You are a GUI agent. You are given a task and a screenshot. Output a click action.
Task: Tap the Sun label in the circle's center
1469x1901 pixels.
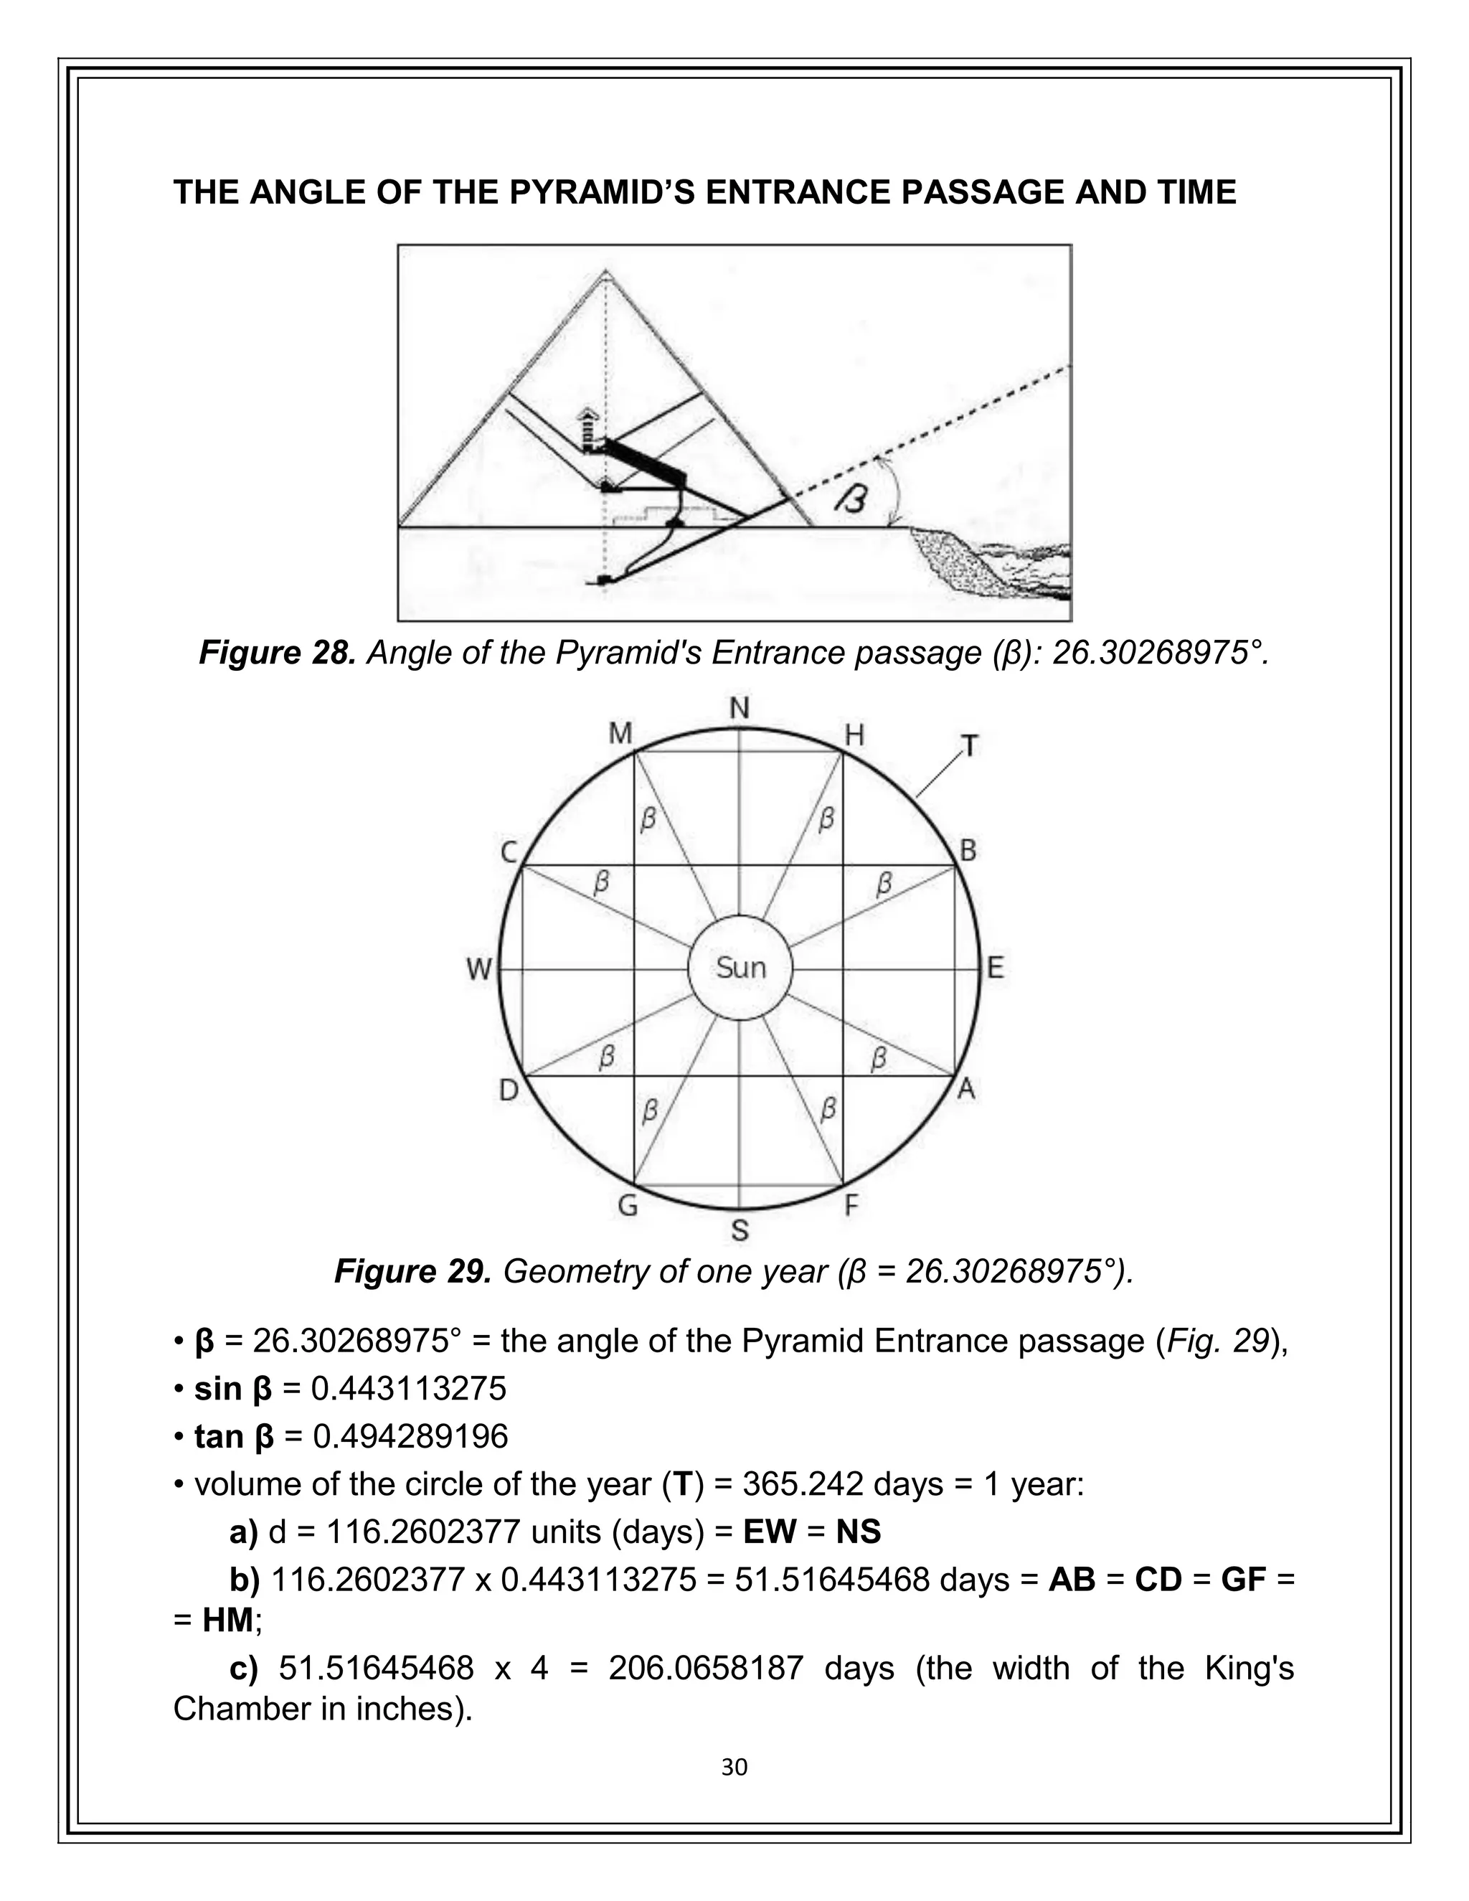(740, 968)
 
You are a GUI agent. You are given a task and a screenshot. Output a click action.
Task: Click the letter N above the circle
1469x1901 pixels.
(739, 709)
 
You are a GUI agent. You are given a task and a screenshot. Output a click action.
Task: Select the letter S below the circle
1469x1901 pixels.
(740, 1230)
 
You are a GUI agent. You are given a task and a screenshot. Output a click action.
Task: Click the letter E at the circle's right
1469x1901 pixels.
(996, 968)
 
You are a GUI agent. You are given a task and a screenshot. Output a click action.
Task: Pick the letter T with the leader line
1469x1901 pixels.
(970, 746)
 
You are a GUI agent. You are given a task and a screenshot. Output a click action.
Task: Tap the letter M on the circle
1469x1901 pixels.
(620, 735)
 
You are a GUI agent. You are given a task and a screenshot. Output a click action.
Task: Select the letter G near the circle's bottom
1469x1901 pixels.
(627, 1207)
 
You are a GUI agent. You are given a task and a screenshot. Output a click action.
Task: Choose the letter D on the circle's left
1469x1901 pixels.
(509, 1090)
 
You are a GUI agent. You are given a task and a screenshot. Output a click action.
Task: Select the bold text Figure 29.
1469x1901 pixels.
(412, 1272)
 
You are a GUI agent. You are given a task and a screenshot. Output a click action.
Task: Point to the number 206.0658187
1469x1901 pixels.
(706, 1669)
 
